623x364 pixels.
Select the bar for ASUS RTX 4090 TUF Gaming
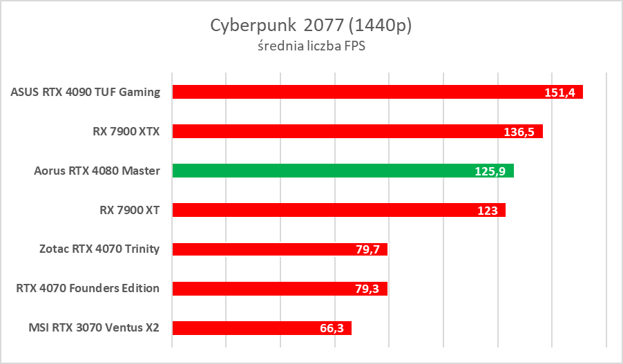tap(377, 92)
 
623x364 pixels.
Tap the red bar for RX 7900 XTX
tap(357, 131)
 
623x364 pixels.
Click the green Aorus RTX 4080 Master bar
tap(343, 171)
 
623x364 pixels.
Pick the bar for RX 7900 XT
tap(338, 210)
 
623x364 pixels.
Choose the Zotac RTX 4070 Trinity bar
tap(280, 249)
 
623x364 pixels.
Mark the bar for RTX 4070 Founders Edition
tap(279, 288)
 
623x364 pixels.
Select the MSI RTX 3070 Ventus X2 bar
tap(262, 327)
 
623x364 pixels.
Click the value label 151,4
tap(559, 93)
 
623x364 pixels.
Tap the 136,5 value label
tap(519, 132)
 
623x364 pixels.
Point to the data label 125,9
tap(490, 171)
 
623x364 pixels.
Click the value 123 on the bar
tap(488, 211)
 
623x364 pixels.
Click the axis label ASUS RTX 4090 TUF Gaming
tap(86, 92)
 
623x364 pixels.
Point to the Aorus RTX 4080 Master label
tap(97, 171)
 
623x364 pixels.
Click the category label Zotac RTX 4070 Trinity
tap(99, 249)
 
